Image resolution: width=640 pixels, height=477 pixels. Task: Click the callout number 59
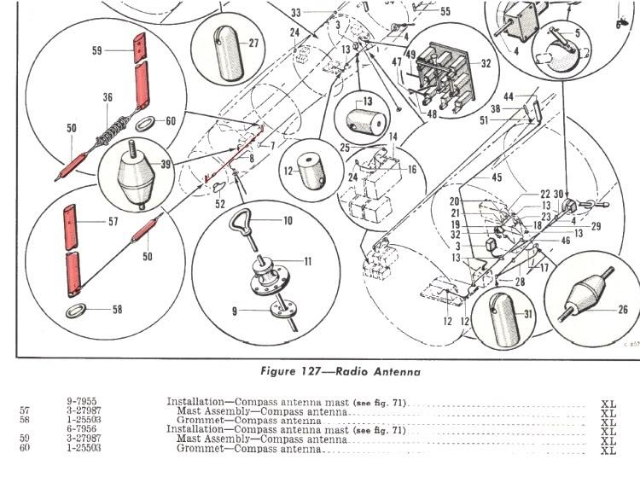tap(96, 51)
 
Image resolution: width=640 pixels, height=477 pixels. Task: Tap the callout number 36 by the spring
tap(108, 98)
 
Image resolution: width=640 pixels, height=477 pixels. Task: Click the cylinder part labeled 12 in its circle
tap(310, 172)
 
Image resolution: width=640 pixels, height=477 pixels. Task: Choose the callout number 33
tap(295, 13)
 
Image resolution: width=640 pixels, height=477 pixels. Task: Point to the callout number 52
tap(219, 204)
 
